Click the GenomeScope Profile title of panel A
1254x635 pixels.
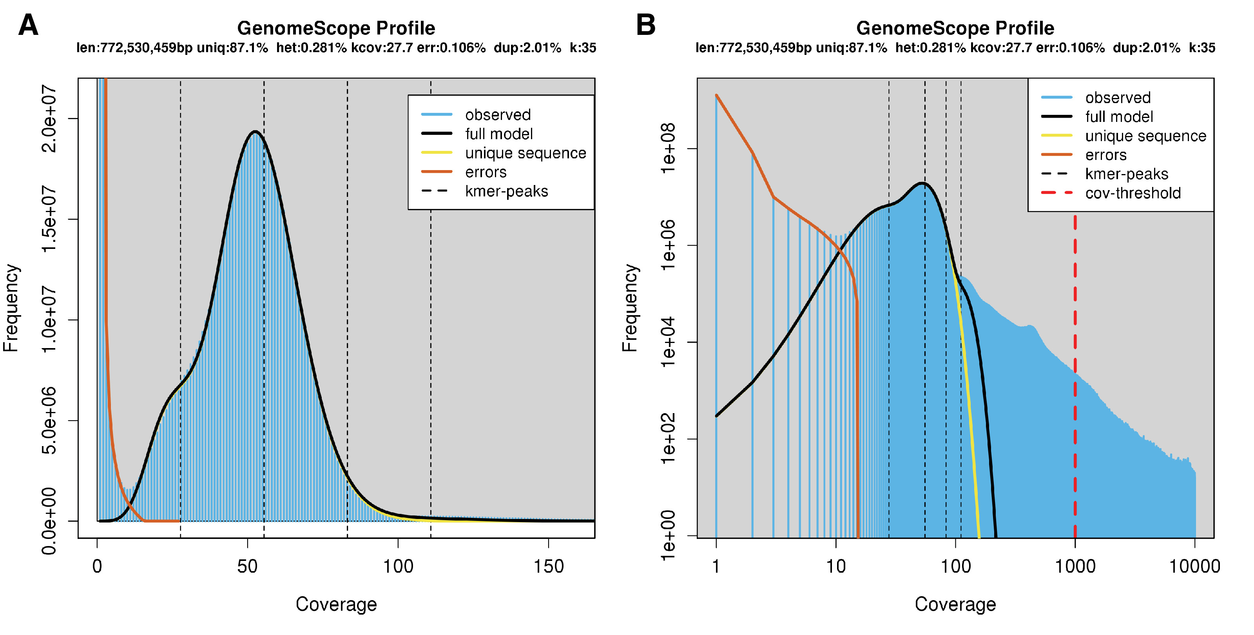(336, 28)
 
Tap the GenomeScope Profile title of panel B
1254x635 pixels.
(955, 28)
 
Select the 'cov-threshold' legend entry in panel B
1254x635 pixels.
(1132, 193)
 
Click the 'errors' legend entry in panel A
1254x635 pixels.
(486, 172)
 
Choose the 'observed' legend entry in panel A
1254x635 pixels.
(498, 115)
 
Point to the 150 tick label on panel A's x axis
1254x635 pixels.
(549, 566)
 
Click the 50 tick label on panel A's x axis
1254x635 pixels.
(247, 566)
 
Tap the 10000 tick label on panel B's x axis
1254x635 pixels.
(1194, 566)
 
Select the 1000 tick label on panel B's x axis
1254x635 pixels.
(1075, 566)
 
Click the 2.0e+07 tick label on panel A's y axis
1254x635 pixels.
(49, 118)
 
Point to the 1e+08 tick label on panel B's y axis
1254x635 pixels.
(668, 148)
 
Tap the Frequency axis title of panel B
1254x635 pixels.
(629, 308)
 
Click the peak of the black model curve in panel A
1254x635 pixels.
(255, 131)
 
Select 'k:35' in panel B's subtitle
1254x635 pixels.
(1202, 48)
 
